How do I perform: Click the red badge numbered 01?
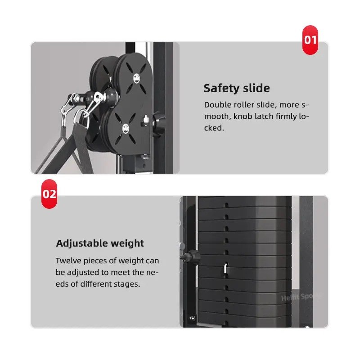tap(310, 40)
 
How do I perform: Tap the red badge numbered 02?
tap(49, 194)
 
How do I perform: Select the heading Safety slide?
tap(237, 88)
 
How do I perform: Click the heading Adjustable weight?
tap(100, 243)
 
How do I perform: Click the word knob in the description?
tap(244, 117)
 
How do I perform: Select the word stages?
tap(127, 284)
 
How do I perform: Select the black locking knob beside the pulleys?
tap(158, 121)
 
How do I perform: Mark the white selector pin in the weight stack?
tap(224, 268)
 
